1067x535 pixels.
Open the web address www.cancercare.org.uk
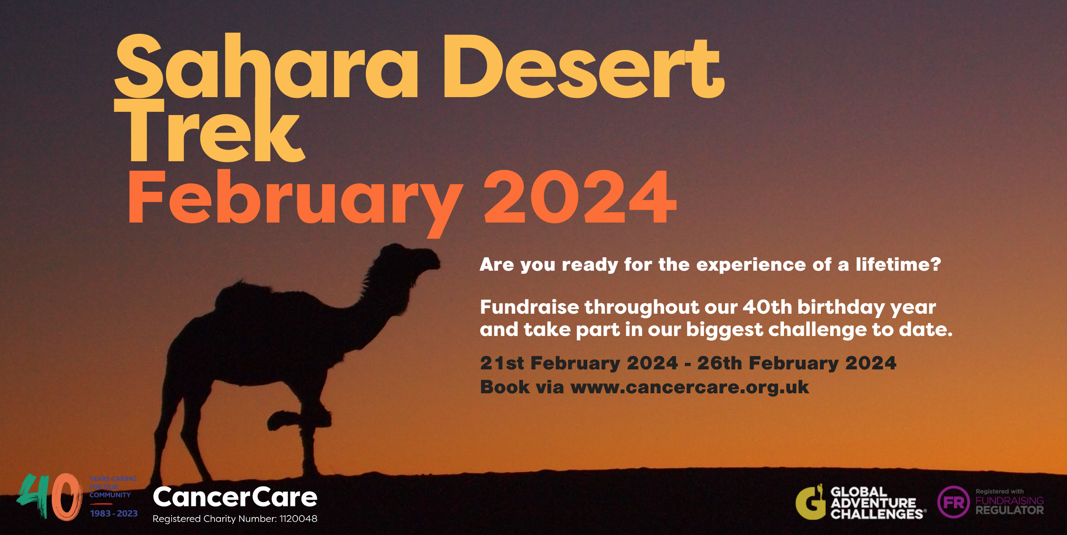point(690,387)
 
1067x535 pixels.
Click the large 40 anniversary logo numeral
point(50,497)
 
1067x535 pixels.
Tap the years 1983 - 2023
point(114,514)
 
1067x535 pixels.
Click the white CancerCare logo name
point(235,497)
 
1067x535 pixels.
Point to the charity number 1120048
point(298,519)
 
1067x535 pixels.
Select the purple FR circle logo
point(953,502)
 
